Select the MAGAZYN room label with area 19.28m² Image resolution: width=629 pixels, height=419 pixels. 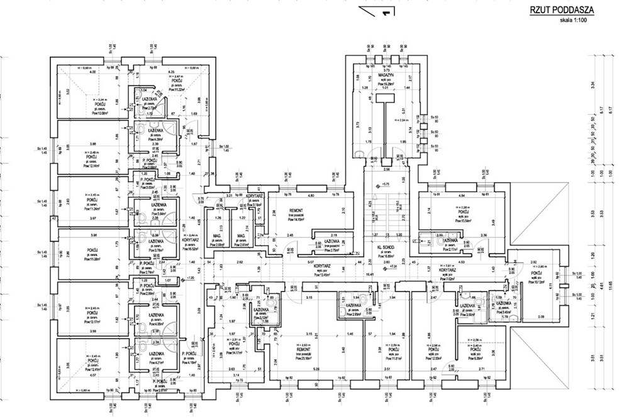tap(385, 75)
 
